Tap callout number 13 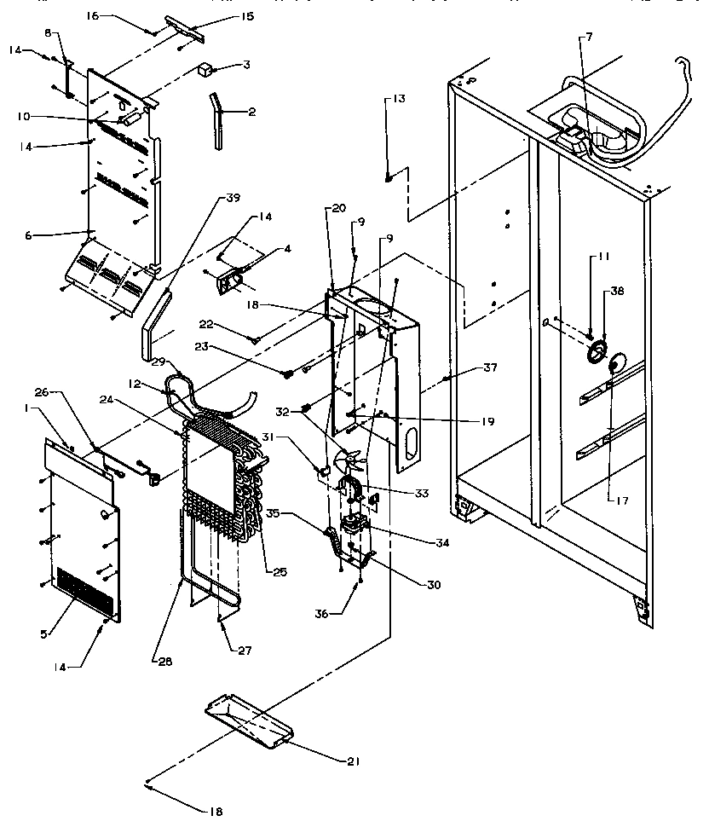(x=399, y=99)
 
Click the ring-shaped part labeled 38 (x=596, y=350)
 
